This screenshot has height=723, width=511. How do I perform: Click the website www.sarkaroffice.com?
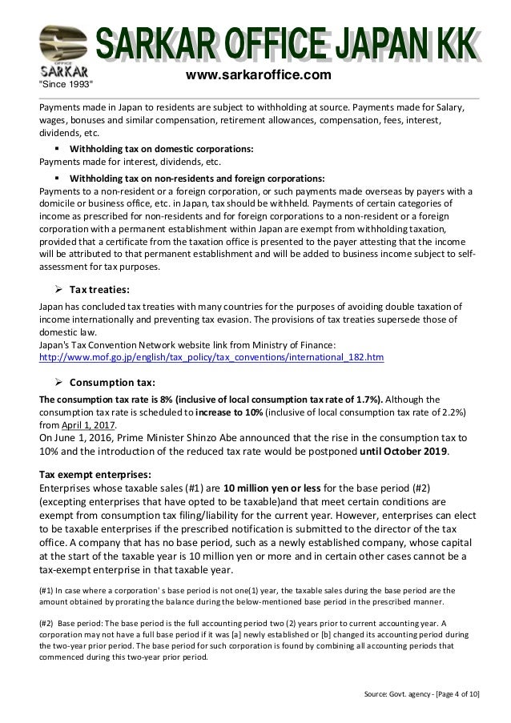[x=258, y=75]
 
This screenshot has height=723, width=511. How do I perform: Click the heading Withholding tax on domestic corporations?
[x=162, y=149]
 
